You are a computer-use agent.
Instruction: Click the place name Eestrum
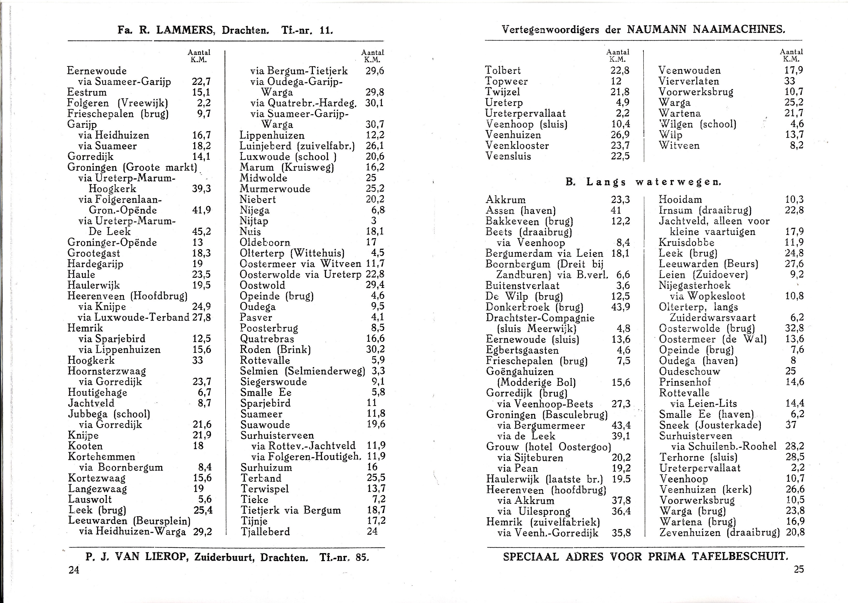click(87, 92)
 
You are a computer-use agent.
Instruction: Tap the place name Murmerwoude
click(275, 189)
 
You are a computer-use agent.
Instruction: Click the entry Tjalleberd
click(265, 532)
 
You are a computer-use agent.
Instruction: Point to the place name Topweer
click(506, 81)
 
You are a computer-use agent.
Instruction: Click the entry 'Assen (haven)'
click(521, 211)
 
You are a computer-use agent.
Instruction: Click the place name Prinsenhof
click(685, 382)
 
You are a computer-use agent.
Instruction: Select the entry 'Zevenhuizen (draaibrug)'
click(719, 532)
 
